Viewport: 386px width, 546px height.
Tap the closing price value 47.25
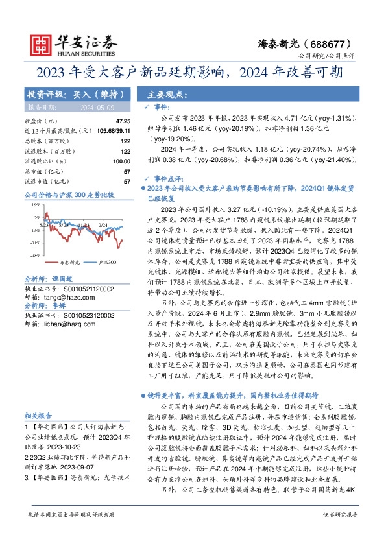pos(123,121)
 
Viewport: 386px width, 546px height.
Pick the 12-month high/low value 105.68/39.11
pos(112,130)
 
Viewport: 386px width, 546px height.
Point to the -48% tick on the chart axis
pos(34,255)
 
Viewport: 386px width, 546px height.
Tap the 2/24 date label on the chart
pos(104,225)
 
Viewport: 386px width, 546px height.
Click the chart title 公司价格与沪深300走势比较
pos(69,194)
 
